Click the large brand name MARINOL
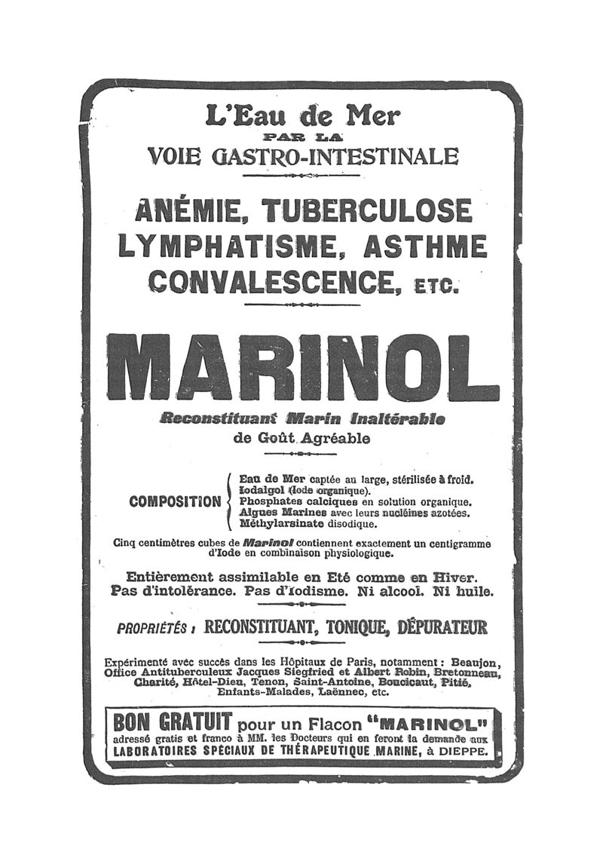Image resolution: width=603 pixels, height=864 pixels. (302, 366)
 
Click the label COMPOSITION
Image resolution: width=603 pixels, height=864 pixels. (175, 501)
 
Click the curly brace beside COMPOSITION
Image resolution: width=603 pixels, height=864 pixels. (229, 501)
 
